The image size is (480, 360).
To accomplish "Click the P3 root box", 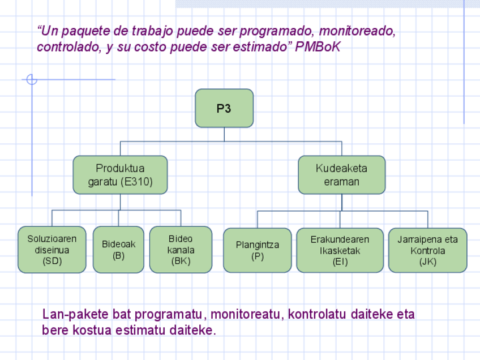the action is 224,108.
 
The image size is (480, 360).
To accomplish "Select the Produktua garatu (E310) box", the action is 120,175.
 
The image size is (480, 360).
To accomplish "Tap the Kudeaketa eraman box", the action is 341,175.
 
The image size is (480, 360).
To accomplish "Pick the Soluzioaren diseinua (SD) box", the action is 52,250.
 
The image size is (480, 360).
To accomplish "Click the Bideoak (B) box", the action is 118,250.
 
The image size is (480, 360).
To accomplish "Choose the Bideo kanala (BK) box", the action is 181,250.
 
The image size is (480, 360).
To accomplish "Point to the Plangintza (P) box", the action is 258,250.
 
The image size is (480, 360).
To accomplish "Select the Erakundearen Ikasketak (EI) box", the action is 340,250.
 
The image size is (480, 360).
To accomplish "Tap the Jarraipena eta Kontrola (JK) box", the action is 427,250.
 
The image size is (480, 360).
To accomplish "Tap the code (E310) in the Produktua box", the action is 136,182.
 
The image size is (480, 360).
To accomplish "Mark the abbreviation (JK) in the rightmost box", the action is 427,262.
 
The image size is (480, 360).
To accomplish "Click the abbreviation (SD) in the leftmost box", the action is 52,261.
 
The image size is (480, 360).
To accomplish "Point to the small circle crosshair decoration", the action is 32,80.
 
